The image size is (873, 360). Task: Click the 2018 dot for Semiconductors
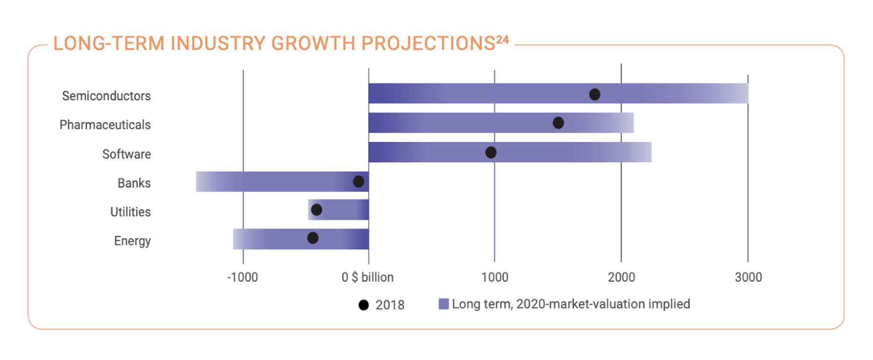tap(595, 95)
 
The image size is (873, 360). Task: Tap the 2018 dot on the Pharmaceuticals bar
tap(558, 123)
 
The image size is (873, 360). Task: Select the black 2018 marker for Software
tap(491, 152)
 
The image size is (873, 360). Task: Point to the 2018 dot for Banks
tap(359, 181)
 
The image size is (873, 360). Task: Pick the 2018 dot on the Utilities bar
tap(316, 210)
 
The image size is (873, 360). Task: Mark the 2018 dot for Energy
tap(313, 238)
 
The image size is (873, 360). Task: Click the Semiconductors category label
tap(106, 96)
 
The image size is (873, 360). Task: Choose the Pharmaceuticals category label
tap(105, 125)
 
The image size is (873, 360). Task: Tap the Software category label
tap(127, 154)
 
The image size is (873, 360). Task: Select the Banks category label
tap(134, 183)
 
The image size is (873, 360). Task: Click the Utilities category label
tap(130, 212)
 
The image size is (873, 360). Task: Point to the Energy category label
tap(132, 241)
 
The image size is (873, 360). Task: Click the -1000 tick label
tap(242, 277)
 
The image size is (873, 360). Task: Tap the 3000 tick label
tap(748, 277)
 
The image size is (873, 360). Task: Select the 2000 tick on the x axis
tap(621, 277)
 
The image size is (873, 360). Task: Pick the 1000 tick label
tap(495, 277)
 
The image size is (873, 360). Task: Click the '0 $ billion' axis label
tap(368, 277)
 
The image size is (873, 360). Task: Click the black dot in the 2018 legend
tap(363, 305)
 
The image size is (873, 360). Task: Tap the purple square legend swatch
tap(444, 304)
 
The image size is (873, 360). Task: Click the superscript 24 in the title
tap(503, 40)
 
